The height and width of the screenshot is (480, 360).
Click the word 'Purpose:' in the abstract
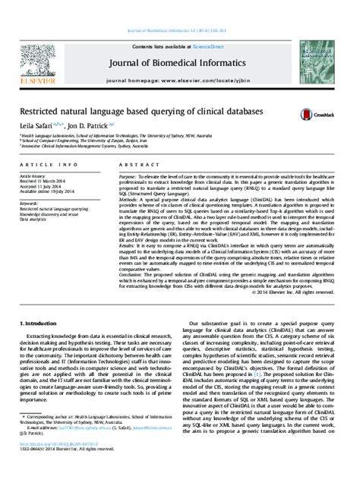pyautogui.click(x=128, y=175)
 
